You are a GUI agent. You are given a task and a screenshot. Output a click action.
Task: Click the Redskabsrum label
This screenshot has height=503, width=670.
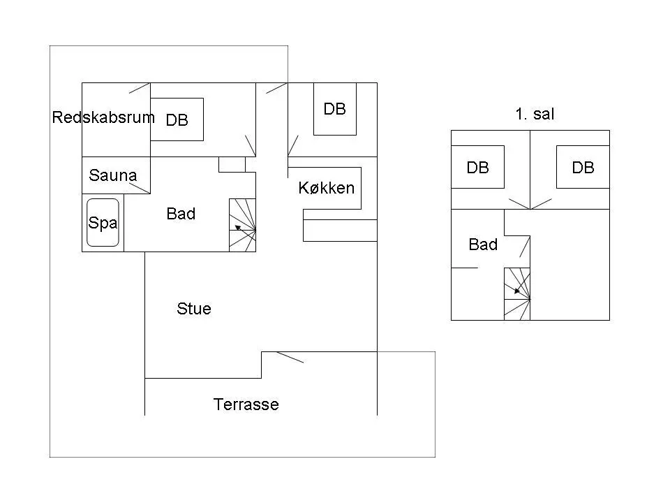click(x=103, y=117)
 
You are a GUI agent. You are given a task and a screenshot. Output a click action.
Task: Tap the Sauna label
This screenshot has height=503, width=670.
click(x=113, y=175)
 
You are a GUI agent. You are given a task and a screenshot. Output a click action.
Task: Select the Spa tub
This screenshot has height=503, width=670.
click(x=103, y=222)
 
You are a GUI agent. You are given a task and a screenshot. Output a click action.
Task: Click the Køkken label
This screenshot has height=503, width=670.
click(x=327, y=188)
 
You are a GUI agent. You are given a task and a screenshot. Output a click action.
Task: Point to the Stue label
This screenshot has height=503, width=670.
click(x=194, y=309)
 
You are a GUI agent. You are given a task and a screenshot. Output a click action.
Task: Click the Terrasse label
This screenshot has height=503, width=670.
click(x=246, y=404)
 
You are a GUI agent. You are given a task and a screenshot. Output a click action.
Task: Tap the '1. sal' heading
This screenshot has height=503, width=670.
click(x=535, y=114)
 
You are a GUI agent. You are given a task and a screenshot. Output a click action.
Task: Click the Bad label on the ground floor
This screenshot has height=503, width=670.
click(x=181, y=214)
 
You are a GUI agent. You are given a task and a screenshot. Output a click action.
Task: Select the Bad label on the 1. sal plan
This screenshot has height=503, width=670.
click(x=483, y=245)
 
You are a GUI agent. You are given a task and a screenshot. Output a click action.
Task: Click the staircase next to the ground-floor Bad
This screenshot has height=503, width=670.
click(x=242, y=225)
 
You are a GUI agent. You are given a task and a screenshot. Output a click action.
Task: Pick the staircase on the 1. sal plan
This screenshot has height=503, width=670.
click(x=517, y=294)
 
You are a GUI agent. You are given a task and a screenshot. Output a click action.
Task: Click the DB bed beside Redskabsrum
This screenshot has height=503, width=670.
click(x=177, y=119)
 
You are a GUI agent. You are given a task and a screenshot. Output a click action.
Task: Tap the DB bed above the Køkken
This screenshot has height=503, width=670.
click(x=335, y=109)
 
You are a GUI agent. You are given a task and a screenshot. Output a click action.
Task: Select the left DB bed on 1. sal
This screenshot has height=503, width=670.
click(x=477, y=167)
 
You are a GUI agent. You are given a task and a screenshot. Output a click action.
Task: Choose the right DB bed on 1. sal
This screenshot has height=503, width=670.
click(x=583, y=167)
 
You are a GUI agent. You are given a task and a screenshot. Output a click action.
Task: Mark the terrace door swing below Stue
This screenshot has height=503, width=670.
click(x=290, y=357)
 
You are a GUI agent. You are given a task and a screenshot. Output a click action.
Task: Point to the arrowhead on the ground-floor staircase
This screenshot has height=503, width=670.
click(x=237, y=228)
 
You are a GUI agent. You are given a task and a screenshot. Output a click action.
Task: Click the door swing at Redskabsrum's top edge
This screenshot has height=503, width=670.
click(x=140, y=88)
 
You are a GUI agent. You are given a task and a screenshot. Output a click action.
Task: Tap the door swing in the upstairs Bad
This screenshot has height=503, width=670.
click(x=525, y=247)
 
